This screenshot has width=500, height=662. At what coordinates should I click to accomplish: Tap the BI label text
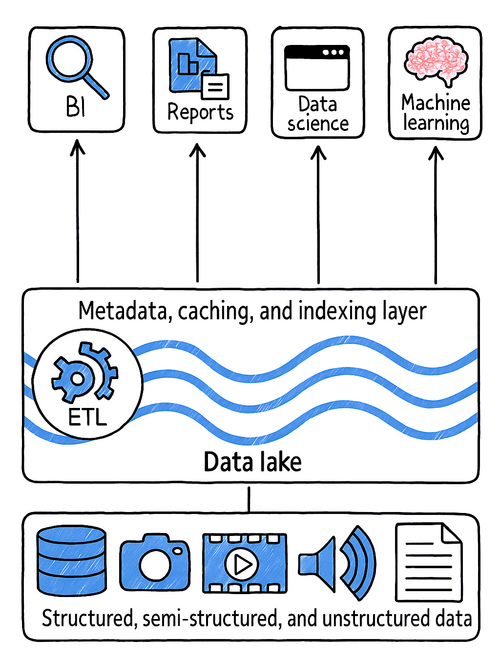(76, 106)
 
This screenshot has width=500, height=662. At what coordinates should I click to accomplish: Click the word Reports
(200, 112)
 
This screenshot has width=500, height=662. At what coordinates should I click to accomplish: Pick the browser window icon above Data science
(317, 68)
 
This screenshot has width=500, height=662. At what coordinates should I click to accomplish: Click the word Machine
(436, 103)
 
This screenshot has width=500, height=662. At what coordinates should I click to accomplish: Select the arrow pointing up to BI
(77, 210)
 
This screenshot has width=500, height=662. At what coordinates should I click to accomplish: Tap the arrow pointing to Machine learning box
(436, 215)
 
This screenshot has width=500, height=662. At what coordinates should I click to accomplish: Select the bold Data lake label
(252, 462)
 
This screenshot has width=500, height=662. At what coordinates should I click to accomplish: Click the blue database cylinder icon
(71, 560)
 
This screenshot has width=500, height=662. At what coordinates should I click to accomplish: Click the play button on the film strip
(241, 564)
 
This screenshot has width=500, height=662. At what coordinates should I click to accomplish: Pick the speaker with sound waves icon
(337, 563)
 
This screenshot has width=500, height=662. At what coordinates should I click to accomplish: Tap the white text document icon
(428, 562)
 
